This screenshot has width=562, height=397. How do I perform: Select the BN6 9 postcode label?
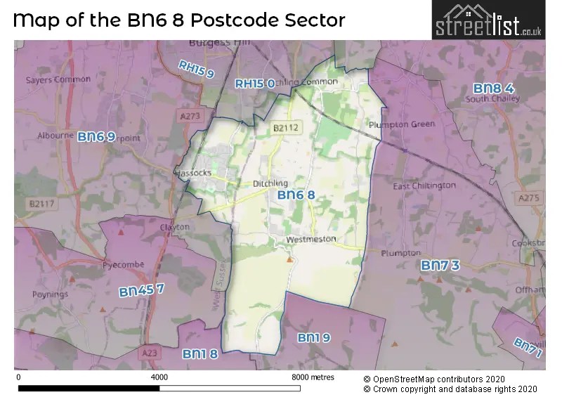[96, 136]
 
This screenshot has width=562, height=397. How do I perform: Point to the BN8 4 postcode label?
[494, 89]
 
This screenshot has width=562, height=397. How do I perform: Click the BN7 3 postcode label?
[440, 265]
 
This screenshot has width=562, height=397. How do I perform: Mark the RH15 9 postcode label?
[196, 69]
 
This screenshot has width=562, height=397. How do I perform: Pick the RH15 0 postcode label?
[254, 84]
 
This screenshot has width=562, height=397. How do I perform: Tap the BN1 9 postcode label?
[313, 338]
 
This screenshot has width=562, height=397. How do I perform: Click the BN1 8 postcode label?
[200, 353]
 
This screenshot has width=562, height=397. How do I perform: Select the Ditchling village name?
[270, 183]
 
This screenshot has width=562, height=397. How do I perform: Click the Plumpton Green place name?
[402, 124]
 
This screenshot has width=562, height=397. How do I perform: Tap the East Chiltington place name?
[424, 186]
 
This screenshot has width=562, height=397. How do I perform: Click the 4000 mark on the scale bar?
[159, 377]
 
